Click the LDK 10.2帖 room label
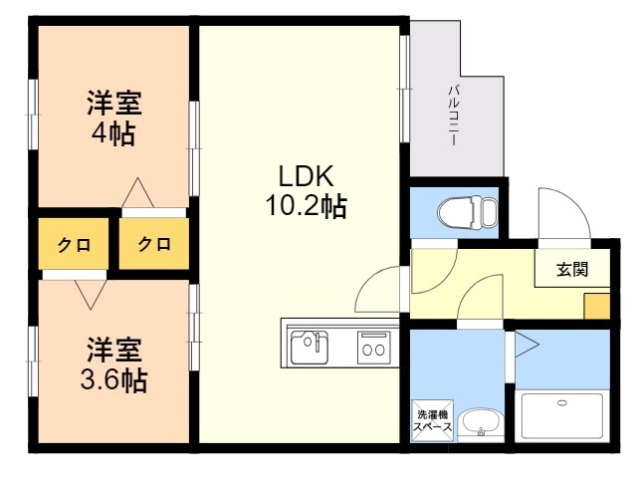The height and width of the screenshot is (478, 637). coord(307,191)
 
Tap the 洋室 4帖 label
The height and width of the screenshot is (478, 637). coord(113,118)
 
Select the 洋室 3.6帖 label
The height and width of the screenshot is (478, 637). coord(113,364)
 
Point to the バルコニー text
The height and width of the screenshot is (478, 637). coord(453,116)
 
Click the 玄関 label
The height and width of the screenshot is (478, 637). coord(572,269)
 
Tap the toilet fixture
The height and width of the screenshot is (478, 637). coord(468,212)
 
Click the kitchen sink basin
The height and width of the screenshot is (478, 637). coord(310,348)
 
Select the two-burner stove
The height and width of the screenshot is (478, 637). coord(374,348)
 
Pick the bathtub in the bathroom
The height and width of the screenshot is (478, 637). coord(561,415)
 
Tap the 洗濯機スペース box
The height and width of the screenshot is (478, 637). coord(432,420)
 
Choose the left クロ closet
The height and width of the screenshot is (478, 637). coord(74,244)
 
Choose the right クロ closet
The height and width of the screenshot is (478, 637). coord(154,243)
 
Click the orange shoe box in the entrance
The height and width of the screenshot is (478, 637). coord(597,306)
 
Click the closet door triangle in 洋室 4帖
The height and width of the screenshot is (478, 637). coord(137,192)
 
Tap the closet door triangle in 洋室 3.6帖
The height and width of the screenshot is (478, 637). coord(91,295)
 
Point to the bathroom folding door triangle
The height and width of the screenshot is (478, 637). coord(527,345)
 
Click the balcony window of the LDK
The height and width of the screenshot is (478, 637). coord(405,89)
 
